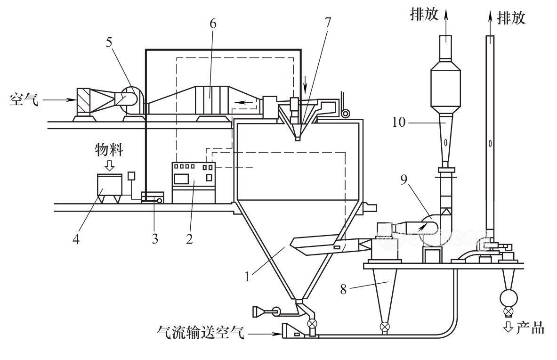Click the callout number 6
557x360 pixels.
[x=213, y=25]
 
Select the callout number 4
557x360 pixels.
[x=76, y=239]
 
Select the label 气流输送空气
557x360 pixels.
[x=201, y=334]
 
